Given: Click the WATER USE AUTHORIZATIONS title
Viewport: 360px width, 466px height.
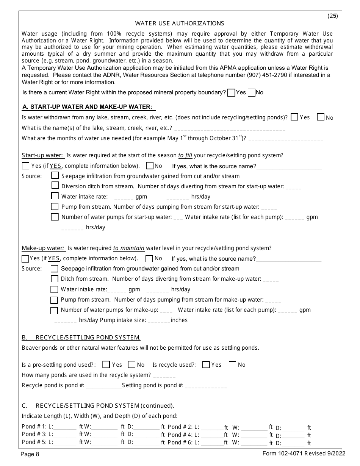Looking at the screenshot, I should click(180, 23).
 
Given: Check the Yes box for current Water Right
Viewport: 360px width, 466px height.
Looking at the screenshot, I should click(231, 93).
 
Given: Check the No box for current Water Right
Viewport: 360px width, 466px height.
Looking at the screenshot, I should click(251, 93).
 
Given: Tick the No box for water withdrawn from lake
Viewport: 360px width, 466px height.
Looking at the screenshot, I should click(321, 117).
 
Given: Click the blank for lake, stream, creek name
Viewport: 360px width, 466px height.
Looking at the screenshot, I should click(230, 128).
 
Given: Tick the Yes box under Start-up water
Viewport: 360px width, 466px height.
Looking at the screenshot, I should click(26, 166).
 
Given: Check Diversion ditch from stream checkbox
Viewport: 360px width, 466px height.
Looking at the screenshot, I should click(55, 186).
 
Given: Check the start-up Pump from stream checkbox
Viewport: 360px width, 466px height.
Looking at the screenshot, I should click(55, 207).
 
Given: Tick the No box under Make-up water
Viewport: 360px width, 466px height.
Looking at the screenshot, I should click(149, 259).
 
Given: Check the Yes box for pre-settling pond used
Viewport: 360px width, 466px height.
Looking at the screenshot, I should click(106, 364).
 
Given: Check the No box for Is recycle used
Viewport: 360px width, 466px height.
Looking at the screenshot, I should click(233, 364).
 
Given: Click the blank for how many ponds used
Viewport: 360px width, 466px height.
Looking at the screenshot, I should click(164, 375).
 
